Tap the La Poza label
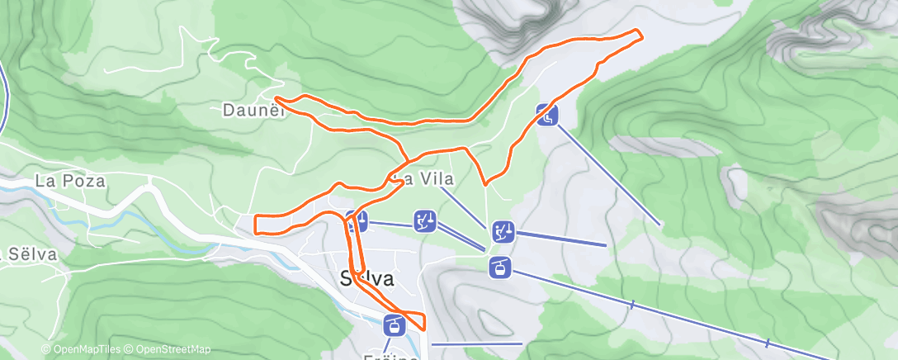click(71, 181)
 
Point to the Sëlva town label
click(366, 279)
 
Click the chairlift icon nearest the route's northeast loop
click(547, 115)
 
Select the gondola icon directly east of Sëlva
click(500, 267)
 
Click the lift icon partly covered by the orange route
click(357, 221)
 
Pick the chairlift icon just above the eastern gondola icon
click(503, 232)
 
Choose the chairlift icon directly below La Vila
click(425, 221)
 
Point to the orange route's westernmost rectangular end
click(257, 224)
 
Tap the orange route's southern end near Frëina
click(423, 328)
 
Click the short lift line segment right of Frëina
click(477, 343)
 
